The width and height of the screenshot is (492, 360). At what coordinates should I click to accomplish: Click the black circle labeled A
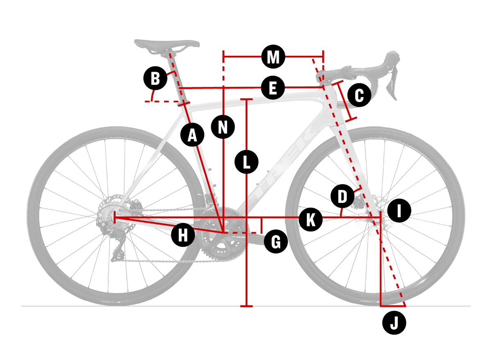[192, 134]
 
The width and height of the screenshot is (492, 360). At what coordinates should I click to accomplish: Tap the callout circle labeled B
[155, 78]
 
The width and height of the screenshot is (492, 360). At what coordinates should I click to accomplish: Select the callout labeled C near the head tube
[359, 96]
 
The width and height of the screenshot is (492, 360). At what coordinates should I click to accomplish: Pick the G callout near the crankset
[276, 242]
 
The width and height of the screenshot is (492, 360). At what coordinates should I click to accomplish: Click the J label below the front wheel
[394, 324]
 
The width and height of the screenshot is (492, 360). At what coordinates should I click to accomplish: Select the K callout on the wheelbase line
[310, 219]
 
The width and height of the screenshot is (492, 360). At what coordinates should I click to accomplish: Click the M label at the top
[273, 57]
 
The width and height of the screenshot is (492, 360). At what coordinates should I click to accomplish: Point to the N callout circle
[223, 127]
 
